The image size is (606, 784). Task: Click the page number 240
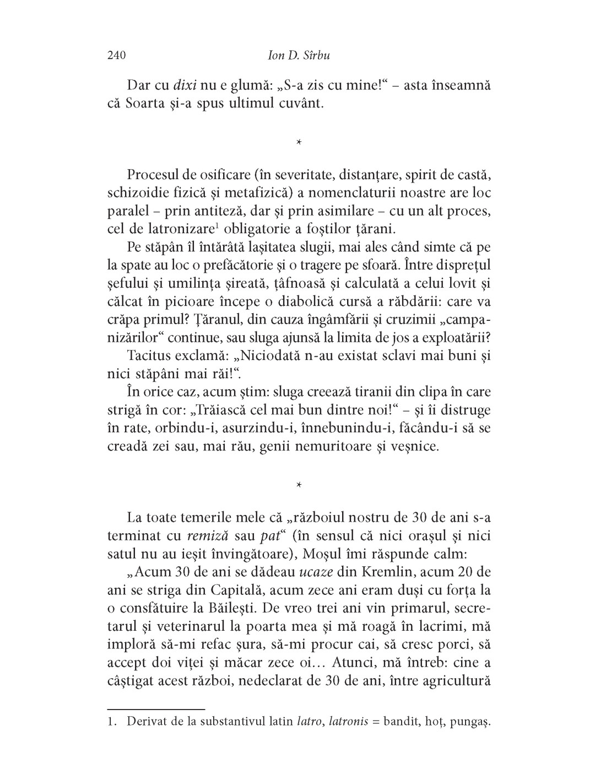117,56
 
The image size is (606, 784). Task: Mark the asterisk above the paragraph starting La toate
298,485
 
